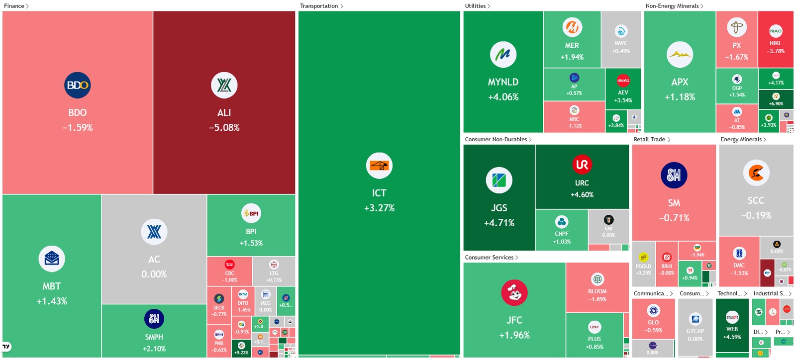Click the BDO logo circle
click(77, 85)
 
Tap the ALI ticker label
click(224, 113)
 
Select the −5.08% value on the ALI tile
click(224, 128)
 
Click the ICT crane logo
click(379, 166)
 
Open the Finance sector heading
click(14, 6)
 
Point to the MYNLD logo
click(503, 55)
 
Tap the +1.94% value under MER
click(572, 57)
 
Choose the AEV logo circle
click(623, 80)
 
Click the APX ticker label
click(680, 82)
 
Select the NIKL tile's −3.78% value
click(776, 51)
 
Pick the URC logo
click(582, 165)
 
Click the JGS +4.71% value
click(499, 223)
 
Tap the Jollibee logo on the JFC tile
click(514, 293)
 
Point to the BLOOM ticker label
click(597, 291)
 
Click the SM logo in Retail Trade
click(674, 175)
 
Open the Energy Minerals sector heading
click(741, 139)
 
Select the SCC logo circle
click(756, 173)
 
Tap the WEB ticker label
click(732, 329)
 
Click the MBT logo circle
click(52, 259)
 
